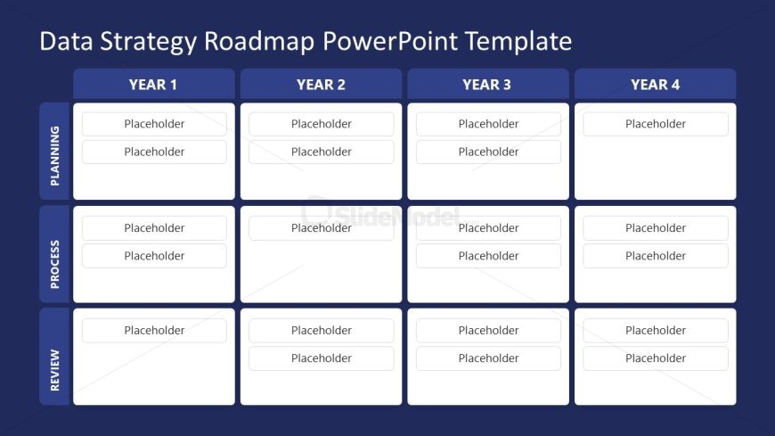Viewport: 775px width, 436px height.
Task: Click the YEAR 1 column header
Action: (x=153, y=85)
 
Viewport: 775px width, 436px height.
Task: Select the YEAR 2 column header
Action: (x=321, y=85)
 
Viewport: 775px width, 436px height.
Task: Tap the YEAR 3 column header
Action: (x=487, y=85)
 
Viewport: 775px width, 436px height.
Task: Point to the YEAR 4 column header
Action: (x=655, y=85)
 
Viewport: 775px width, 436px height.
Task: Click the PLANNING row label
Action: (x=54, y=151)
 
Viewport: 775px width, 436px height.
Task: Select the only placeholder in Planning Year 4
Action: (x=655, y=124)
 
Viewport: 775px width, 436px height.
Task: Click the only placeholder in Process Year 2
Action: (x=321, y=228)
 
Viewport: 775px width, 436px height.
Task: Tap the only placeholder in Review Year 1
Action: (x=154, y=331)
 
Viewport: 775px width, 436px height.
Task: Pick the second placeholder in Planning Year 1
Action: (x=154, y=152)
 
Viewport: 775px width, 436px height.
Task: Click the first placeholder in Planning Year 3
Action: (x=488, y=124)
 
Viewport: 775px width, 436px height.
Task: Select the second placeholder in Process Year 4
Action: (x=655, y=256)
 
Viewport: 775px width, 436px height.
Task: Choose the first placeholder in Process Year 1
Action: (x=154, y=228)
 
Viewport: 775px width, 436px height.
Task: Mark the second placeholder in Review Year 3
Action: (x=488, y=358)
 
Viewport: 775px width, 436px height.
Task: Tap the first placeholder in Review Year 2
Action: (x=321, y=331)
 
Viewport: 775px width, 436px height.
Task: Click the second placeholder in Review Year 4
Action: (x=655, y=358)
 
